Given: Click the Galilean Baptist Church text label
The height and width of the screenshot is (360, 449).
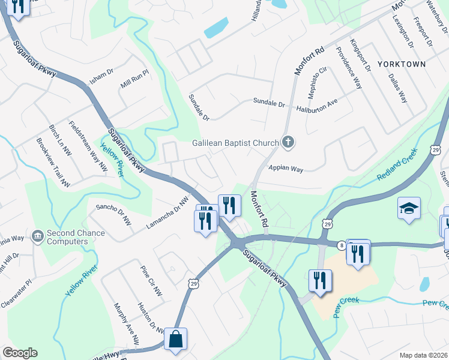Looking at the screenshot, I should click(x=235, y=143).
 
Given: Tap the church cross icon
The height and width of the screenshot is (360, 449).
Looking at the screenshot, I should click(x=288, y=142).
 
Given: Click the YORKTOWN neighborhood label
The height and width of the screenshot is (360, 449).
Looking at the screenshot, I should click(x=402, y=64).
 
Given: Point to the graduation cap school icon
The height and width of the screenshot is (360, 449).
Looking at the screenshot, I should click(x=409, y=208).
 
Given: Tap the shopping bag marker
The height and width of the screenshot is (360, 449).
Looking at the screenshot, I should click(x=175, y=339).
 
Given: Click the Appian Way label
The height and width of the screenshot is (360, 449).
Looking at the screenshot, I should click(x=286, y=169).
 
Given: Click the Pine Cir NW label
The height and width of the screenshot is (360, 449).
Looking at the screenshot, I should click(x=151, y=281).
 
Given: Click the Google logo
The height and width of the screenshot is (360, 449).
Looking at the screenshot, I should click(x=20, y=353).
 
